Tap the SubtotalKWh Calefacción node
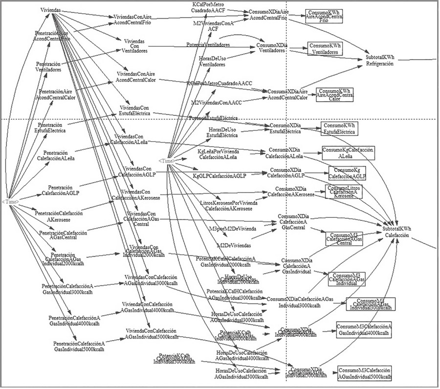396,231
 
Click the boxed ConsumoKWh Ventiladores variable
325,48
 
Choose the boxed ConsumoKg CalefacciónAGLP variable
347,173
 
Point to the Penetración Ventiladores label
48,67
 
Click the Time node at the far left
10,201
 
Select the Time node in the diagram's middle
166,161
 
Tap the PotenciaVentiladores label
208,45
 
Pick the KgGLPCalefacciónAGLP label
220,175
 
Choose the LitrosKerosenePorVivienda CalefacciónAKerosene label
225,206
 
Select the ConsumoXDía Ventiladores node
271,48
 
